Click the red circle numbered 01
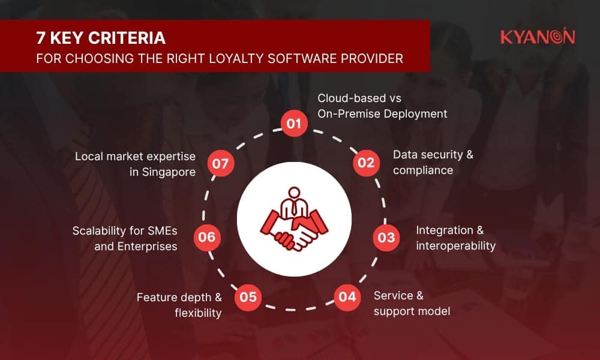click(x=294, y=123)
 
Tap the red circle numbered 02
click(x=366, y=163)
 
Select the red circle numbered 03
click(x=386, y=238)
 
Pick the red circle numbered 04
click(x=347, y=297)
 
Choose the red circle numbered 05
click(x=248, y=297)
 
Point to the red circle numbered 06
click(x=207, y=237)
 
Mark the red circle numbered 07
click(x=220, y=164)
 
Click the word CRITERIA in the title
click(x=127, y=38)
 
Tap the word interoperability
click(x=456, y=246)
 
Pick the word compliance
click(x=423, y=170)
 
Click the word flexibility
click(x=198, y=313)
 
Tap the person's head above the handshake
click(x=294, y=193)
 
